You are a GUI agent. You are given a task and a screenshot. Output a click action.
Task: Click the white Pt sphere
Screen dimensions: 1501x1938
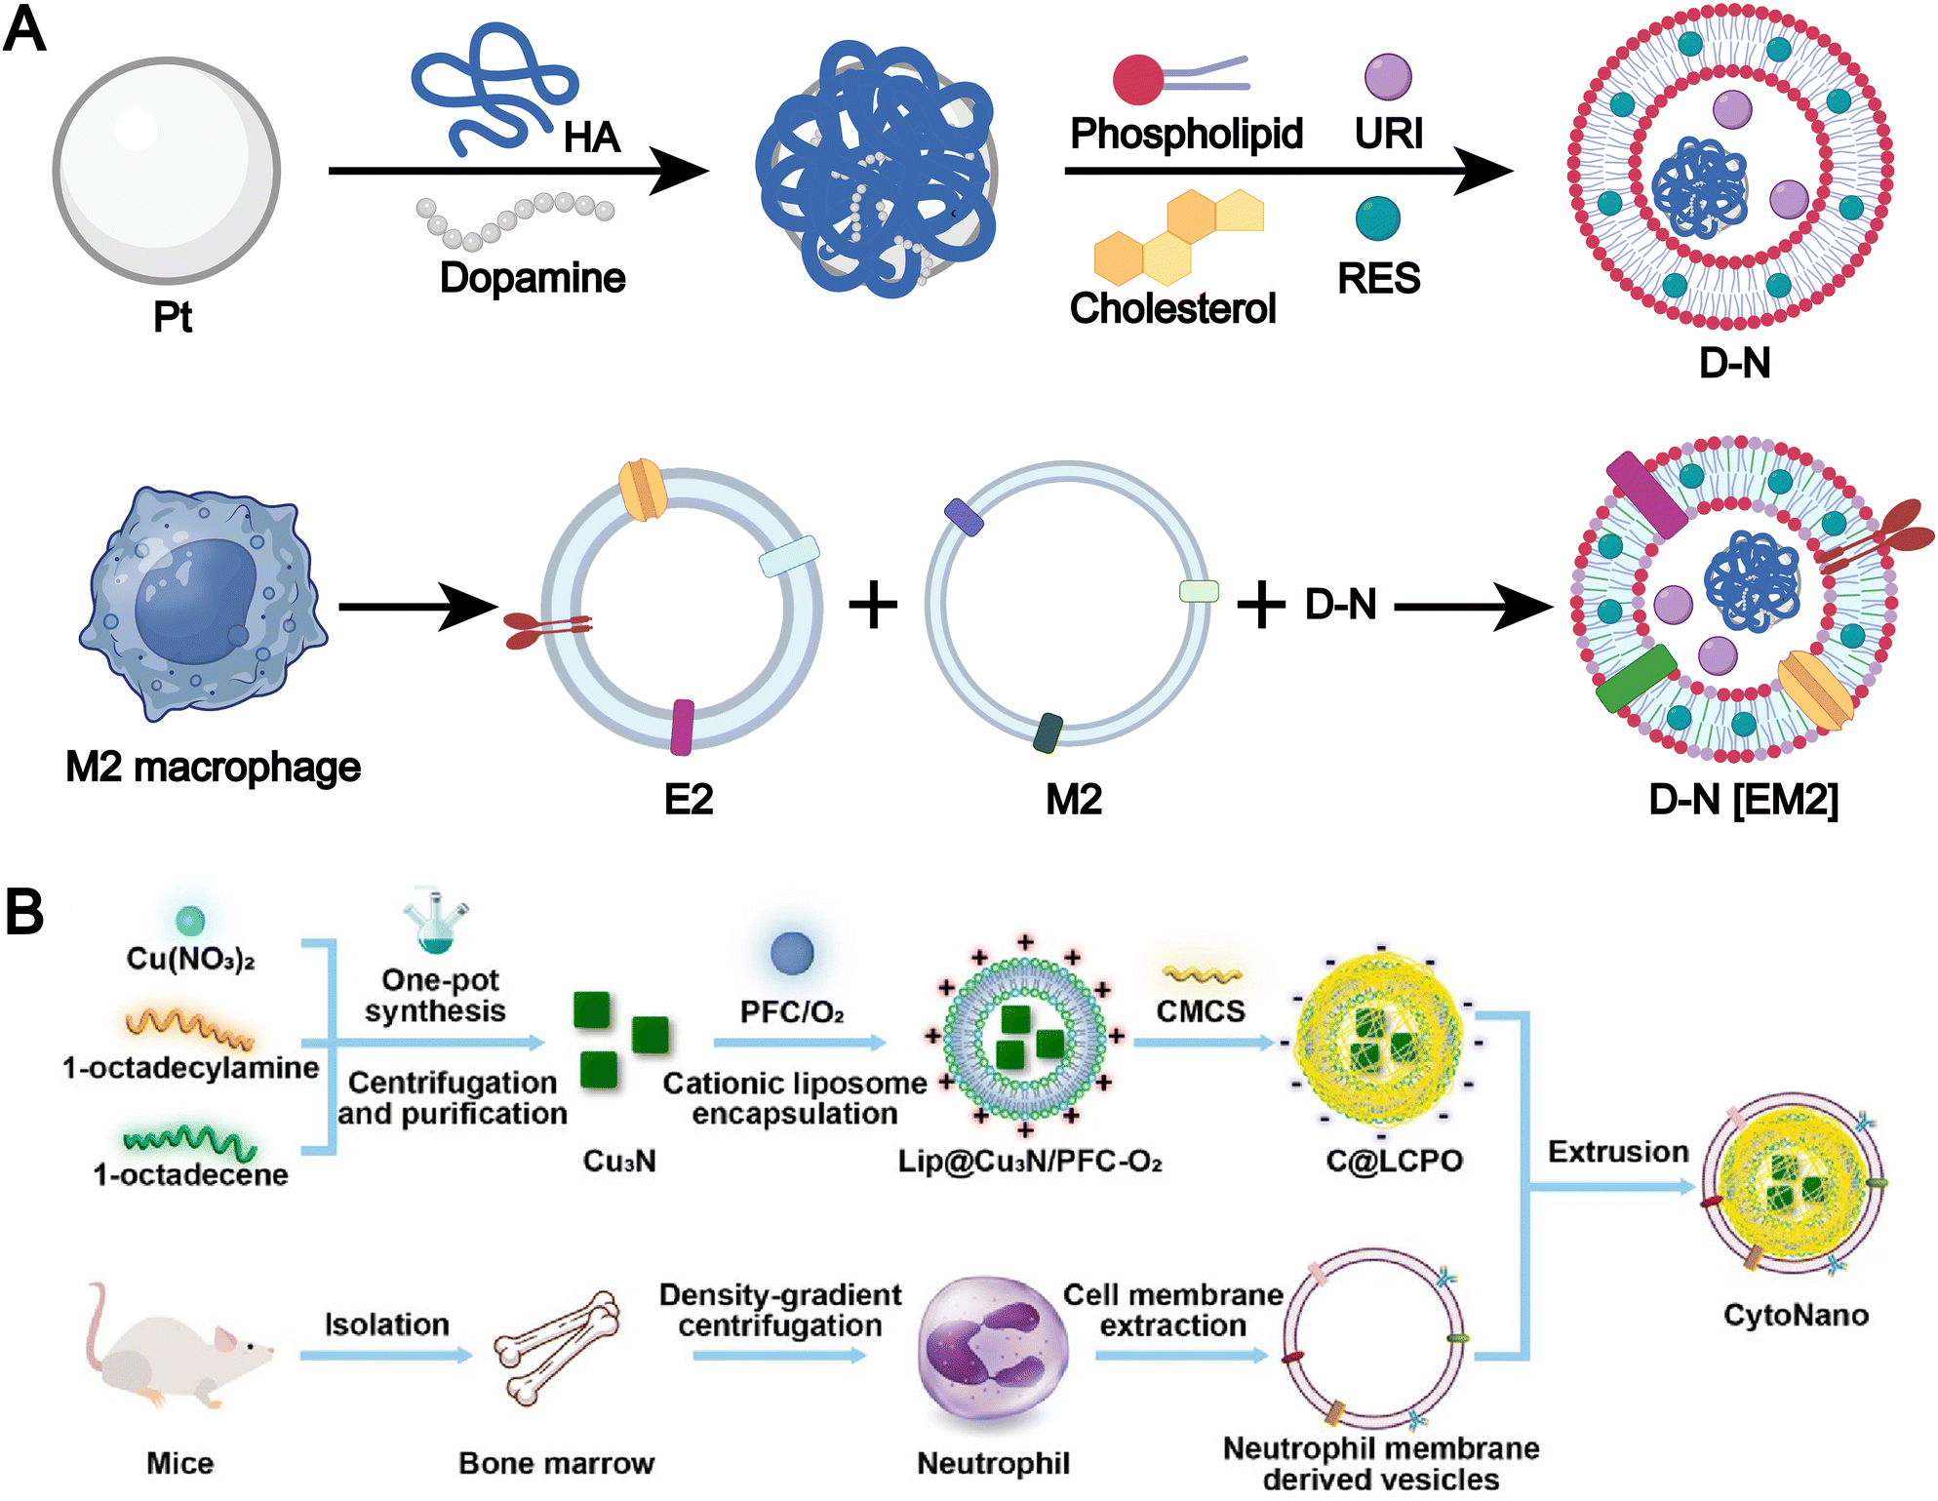(x=167, y=171)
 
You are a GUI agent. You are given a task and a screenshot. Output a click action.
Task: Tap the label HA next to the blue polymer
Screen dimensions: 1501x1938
(x=591, y=138)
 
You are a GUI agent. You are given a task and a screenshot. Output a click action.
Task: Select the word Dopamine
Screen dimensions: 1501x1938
(x=532, y=278)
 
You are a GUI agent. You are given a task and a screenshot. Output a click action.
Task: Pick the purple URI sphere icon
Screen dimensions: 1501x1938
(x=1388, y=77)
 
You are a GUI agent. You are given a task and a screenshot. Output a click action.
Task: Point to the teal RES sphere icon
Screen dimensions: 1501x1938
(x=1377, y=218)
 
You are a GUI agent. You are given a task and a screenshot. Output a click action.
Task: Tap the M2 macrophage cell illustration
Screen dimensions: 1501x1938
(x=202, y=605)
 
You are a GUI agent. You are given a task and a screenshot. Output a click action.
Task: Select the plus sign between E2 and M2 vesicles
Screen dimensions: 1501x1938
(x=873, y=606)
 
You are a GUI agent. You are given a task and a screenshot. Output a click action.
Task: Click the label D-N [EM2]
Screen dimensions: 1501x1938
(x=1743, y=800)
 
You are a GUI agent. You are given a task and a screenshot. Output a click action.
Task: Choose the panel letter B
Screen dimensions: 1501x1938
(x=24, y=912)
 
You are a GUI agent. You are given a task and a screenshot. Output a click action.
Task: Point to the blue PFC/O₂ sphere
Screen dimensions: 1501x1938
(x=791, y=953)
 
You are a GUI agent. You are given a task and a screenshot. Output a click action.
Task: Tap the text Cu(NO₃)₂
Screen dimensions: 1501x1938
(x=190, y=959)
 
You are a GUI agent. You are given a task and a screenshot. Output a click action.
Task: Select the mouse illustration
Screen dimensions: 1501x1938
(x=176, y=1351)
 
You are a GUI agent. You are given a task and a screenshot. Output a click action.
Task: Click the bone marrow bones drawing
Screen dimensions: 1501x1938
(x=557, y=1348)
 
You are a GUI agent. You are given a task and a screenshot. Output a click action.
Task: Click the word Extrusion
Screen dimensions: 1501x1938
(x=1618, y=1152)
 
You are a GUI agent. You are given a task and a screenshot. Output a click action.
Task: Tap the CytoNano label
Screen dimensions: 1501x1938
(x=1796, y=1315)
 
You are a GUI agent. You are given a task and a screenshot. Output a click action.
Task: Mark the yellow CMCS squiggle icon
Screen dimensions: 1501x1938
(x=1202, y=974)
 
